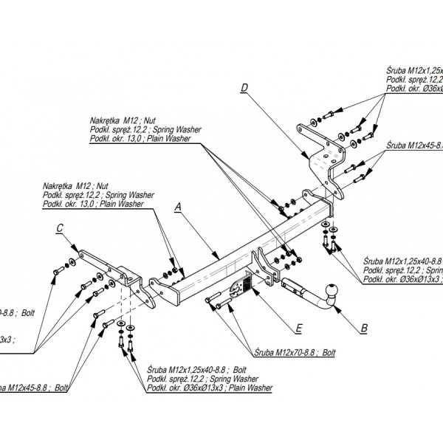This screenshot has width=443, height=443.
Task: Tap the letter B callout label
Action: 363,326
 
